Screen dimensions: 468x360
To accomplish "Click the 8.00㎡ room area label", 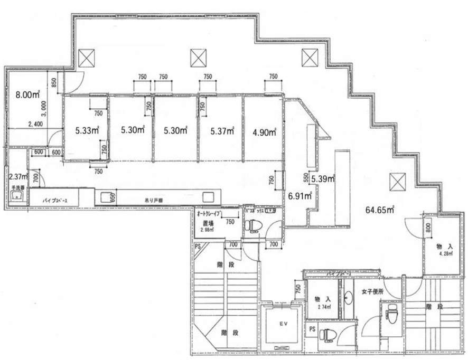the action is click(28, 96).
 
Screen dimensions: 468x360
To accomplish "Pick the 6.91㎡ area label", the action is click(299, 196).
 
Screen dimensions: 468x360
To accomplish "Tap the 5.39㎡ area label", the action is click(323, 179).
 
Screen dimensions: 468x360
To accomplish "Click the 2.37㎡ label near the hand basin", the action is click(17, 176).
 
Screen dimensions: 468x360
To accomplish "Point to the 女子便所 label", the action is click(372, 291).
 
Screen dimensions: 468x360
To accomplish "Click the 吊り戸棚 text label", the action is click(155, 201).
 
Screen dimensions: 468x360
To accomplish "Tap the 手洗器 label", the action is click(18, 187).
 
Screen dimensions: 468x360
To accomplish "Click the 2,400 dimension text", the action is click(35, 126).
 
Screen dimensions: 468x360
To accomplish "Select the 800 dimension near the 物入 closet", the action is click(427, 230).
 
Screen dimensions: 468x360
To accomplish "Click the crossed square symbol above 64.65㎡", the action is click(396, 181).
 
